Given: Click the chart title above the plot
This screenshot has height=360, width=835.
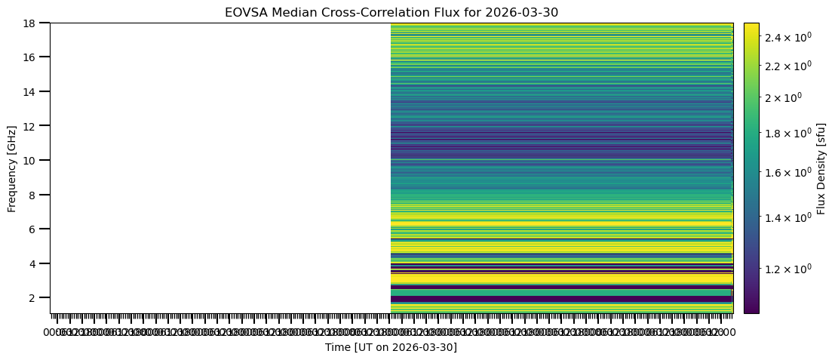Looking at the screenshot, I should [x=391, y=12].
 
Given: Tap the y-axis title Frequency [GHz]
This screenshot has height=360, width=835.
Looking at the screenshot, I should [x=12, y=168].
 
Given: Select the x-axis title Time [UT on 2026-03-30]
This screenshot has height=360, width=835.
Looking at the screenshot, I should [x=391, y=347].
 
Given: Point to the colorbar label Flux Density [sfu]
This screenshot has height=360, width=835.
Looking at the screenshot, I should [x=821, y=168].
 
